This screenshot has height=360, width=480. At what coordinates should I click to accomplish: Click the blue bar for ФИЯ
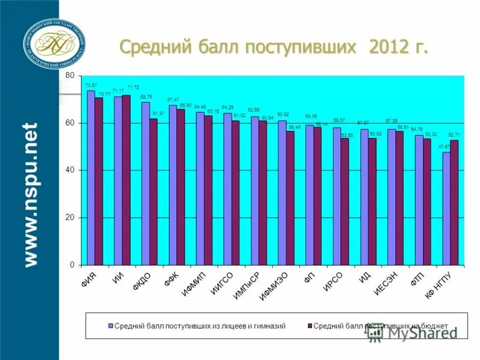[91, 178]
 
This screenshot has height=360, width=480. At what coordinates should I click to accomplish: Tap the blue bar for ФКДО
[146, 183]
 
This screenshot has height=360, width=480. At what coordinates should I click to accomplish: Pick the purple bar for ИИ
[126, 180]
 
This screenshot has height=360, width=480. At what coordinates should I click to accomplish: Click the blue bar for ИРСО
[337, 196]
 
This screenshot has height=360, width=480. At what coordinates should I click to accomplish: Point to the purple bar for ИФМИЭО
[290, 198]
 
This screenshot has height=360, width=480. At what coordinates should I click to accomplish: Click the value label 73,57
[91, 86]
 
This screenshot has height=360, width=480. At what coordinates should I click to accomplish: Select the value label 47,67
[445, 146]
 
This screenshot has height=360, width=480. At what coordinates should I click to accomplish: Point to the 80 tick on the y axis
[70, 76]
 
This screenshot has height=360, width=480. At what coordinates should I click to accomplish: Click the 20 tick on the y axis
[70, 218]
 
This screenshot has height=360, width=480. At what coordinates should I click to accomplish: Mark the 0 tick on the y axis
[72, 265]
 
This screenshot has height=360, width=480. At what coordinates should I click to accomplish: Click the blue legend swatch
[110, 325]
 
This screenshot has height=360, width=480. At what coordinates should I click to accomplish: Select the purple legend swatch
[309, 325]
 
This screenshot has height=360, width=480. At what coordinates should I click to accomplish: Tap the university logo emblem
[54, 43]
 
